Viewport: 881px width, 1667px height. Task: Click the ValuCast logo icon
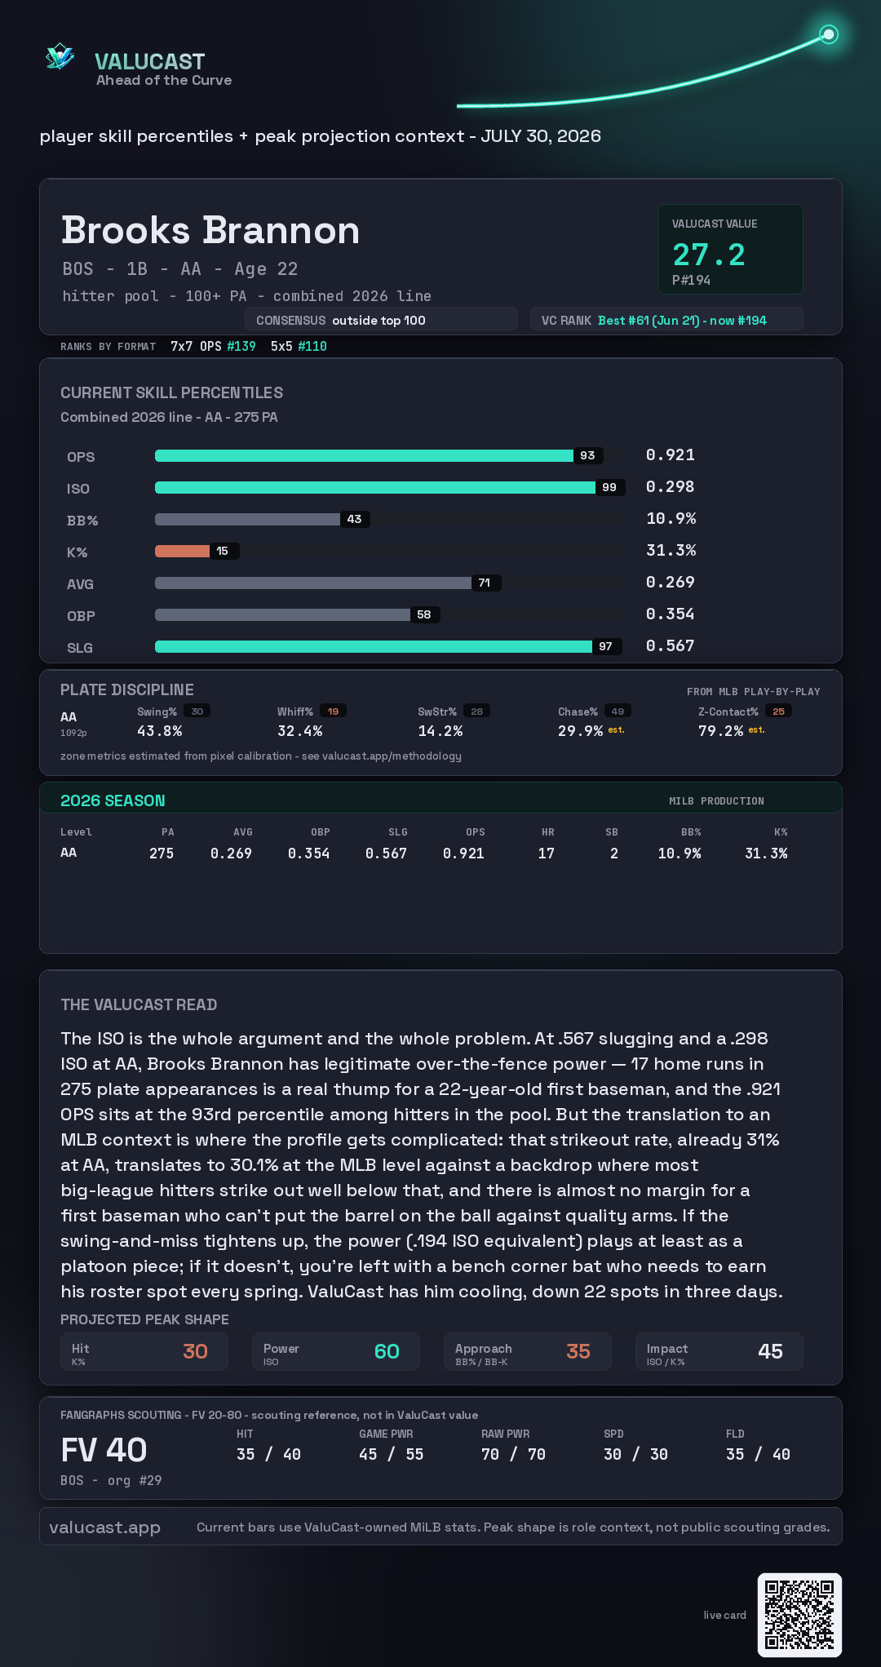(x=60, y=56)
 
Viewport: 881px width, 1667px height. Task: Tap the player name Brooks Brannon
(x=210, y=230)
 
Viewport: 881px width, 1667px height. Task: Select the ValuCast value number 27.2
(x=709, y=255)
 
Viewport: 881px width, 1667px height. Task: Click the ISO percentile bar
(x=375, y=487)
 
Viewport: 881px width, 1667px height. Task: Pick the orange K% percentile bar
(x=182, y=551)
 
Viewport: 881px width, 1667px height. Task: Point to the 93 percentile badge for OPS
(x=587, y=455)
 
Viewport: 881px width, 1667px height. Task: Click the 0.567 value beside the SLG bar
(x=670, y=645)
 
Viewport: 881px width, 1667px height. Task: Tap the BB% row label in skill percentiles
(x=82, y=521)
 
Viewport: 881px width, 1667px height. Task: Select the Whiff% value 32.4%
(x=299, y=731)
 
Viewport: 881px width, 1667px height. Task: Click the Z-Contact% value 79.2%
(x=720, y=731)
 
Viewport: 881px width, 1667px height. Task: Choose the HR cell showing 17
(x=547, y=853)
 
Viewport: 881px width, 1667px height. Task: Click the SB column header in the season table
(x=612, y=832)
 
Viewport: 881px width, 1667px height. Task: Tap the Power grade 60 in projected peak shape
(x=387, y=1351)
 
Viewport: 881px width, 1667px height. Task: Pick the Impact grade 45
(x=770, y=1351)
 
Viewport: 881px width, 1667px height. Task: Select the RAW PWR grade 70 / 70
(x=513, y=1454)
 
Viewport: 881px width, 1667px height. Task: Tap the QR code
(x=799, y=1615)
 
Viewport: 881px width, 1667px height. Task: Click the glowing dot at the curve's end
(x=829, y=34)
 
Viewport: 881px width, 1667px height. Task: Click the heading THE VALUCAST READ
(x=139, y=1004)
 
